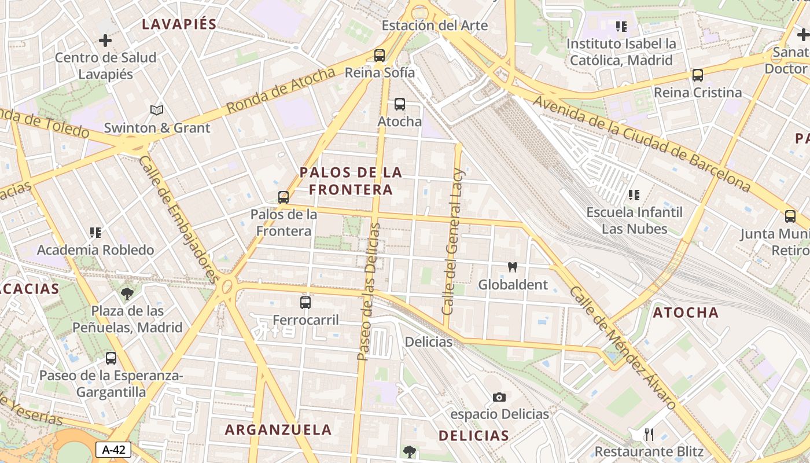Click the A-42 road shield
[113, 450]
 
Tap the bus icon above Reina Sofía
[380, 56]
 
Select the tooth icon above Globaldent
[512, 267]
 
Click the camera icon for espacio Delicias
[499, 397]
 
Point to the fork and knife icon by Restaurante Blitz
[649, 435]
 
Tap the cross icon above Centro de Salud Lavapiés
[105, 41]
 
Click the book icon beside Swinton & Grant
[156, 110]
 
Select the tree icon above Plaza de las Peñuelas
[127, 293]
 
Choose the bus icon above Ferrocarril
[305, 302]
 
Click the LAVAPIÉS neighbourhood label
[179, 24]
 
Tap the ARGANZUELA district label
[278, 430]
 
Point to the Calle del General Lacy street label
[453, 241]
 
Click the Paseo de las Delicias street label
[369, 292]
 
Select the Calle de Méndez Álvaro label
[623, 348]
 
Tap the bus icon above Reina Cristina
[698, 75]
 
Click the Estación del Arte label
[435, 25]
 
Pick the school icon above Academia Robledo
[95, 233]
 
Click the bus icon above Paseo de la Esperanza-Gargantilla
[111, 358]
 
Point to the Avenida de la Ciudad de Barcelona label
[642, 144]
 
